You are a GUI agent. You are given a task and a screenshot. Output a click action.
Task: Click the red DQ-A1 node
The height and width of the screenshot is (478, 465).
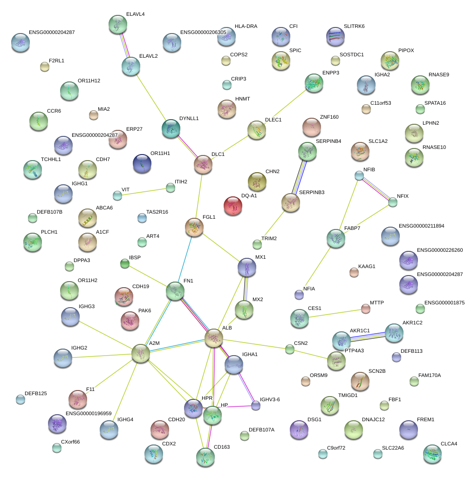tap(233, 206)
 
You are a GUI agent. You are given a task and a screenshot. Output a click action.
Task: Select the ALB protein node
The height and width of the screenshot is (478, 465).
tap(214, 338)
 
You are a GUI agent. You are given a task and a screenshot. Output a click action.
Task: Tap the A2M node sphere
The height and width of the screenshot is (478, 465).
tap(141, 353)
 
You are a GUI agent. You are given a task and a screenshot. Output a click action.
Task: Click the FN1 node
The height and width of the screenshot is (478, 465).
tap(175, 291)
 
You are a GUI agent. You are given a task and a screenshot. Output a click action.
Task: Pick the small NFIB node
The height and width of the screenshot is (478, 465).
tap(359, 175)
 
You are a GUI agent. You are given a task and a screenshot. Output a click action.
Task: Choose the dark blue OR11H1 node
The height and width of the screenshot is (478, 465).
tap(142, 163)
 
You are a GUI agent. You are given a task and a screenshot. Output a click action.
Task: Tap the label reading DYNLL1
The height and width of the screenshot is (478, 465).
tap(189, 119)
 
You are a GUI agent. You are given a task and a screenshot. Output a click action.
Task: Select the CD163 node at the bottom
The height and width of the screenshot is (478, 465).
tap(205, 457)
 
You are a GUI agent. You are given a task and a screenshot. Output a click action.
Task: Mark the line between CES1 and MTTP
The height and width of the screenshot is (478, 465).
tap(336, 313)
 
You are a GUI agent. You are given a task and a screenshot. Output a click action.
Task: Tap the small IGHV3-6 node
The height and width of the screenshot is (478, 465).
tap(256, 405)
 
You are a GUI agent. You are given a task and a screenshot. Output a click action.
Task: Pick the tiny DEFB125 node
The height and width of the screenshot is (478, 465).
tap(21, 399)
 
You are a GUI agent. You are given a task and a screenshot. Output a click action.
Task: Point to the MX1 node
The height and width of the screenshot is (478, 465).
tap(246, 267)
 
